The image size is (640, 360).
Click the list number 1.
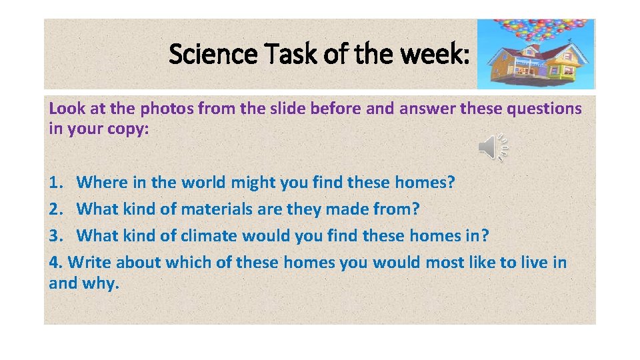pyautogui.click(x=55, y=182)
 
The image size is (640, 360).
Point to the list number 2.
pyautogui.click(x=55, y=209)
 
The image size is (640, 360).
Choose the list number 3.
pyautogui.click(x=55, y=236)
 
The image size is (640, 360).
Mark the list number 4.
pyautogui.click(x=55, y=263)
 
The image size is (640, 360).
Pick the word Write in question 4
pyautogui.click(x=89, y=263)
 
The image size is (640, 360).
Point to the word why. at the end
pyautogui.click(x=101, y=283)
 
